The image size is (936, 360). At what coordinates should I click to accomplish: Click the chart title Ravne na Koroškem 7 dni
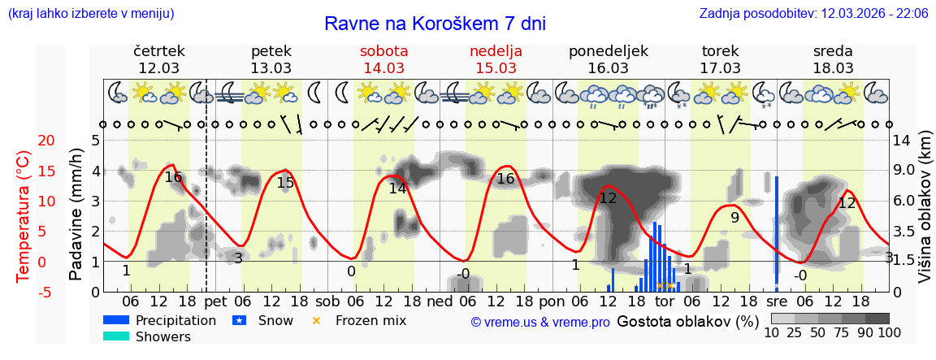pos(435,24)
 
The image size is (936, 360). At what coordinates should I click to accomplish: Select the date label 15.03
pos(496,68)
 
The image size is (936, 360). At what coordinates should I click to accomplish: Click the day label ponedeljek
pos(608,51)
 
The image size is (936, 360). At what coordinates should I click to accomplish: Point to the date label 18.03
pos(833,68)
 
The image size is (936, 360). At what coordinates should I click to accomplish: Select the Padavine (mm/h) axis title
pos(76,215)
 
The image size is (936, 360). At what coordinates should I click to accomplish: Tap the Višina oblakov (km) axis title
pos(924,215)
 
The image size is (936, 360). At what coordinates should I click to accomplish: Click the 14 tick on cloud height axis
pos(903,141)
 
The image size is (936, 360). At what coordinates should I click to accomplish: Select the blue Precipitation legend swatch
pos(116,321)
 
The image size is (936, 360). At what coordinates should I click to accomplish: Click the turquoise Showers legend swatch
pos(116,336)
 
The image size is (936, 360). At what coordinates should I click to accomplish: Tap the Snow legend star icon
pos(239,321)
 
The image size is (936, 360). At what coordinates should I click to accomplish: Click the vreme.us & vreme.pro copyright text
pos(540,322)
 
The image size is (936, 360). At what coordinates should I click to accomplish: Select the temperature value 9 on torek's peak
pos(734,218)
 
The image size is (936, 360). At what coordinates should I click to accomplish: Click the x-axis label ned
pos(440,302)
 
